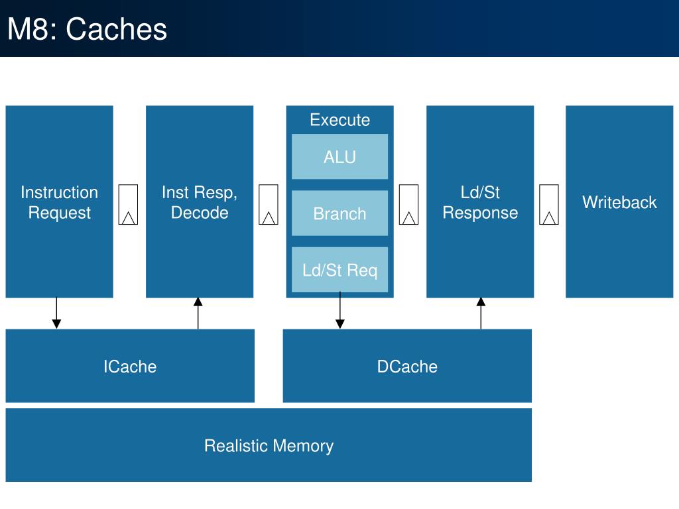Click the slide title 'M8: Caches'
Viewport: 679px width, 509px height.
coord(87,29)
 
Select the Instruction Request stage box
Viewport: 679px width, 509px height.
coord(59,201)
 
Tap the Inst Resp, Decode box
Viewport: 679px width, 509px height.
coord(200,201)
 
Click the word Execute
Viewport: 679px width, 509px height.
coord(340,120)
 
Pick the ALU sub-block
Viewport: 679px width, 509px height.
coord(340,156)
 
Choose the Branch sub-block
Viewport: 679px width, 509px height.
coord(340,213)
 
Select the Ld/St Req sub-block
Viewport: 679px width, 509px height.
coord(340,270)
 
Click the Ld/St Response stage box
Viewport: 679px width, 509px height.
coord(480,201)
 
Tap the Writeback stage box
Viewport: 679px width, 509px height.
coord(620,201)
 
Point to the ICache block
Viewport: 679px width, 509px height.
coord(130,366)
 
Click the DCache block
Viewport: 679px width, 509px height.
coord(407,366)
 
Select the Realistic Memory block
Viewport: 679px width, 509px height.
coord(269,445)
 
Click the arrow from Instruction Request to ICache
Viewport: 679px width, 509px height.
coord(56,313)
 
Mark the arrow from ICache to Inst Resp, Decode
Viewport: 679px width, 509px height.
coord(198,313)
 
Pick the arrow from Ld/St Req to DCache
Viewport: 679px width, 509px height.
coord(340,310)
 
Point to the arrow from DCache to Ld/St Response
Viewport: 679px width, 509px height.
coord(481,313)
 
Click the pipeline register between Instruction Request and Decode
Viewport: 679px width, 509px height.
coord(128,205)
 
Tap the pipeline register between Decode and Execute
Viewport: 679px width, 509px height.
coord(269,205)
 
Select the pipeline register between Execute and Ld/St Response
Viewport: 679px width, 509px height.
coord(408,205)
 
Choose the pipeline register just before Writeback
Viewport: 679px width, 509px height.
coord(549,205)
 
